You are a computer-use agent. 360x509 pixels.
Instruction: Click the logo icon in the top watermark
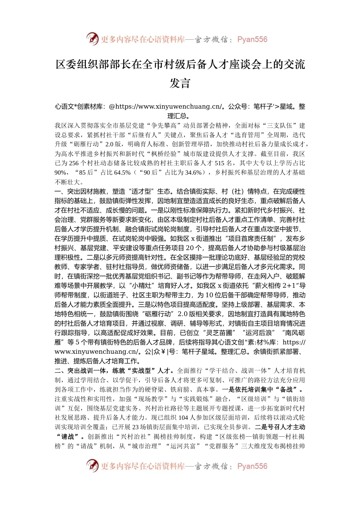(92, 39)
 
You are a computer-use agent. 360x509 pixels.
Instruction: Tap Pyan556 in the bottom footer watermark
(252, 466)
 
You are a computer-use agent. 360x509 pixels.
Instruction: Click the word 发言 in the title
(180, 83)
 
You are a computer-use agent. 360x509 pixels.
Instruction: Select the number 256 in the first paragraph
(74, 163)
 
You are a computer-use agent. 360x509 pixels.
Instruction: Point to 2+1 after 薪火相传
(287, 286)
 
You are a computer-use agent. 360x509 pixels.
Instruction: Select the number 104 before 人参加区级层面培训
(183, 418)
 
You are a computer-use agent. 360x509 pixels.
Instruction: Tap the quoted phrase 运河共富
(183, 446)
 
